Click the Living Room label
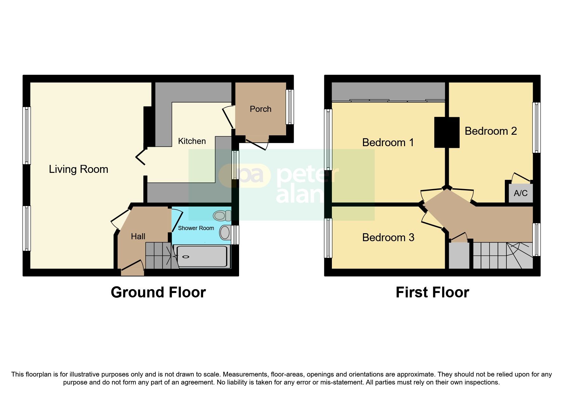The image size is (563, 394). click(x=79, y=169)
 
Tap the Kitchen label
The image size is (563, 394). click(x=192, y=141)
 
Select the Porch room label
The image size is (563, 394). click(x=260, y=109)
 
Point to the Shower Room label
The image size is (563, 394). click(x=196, y=228)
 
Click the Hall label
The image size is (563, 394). click(x=138, y=236)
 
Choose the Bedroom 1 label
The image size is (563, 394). click(x=388, y=142)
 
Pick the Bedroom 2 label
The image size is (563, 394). click(x=491, y=131)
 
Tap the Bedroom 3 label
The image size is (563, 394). click(x=388, y=237)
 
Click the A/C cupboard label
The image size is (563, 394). click(x=520, y=193)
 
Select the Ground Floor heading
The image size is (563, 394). click(x=158, y=292)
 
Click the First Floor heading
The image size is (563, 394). click(x=432, y=292)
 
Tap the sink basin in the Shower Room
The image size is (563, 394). click(x=225, y=233)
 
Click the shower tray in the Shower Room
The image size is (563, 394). click(x=202, y=256)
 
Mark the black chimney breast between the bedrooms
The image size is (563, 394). click(x=447, y=132)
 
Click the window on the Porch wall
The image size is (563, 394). click(x=290, y=107)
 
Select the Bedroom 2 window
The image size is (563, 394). click(x=536, y=127)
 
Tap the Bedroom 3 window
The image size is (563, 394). click(x=328, y=238)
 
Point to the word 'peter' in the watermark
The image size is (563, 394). click(x=308, y=176)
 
